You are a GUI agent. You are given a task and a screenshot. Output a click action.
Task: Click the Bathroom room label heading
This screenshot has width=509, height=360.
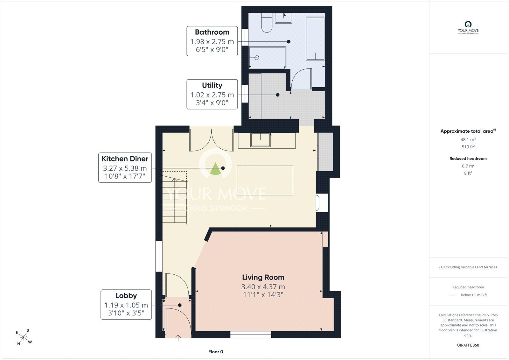[212, 32]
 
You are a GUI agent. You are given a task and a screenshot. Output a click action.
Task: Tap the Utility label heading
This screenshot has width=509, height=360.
[212, 85]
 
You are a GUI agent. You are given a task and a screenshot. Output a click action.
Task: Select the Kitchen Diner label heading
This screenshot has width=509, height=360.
[125, 159]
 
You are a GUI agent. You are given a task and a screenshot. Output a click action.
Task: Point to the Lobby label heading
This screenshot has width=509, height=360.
[126, 295]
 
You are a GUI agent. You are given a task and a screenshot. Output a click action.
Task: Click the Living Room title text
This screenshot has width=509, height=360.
[263, 277]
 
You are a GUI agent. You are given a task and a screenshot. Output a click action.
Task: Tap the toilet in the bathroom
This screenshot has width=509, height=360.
[267, 23]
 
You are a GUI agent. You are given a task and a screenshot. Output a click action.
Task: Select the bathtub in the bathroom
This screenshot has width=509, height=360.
[315, 39]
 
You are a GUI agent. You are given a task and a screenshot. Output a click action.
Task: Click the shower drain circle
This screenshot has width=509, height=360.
[257, 58]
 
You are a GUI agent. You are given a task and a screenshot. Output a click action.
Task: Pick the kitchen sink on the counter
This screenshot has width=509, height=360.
[261, 140]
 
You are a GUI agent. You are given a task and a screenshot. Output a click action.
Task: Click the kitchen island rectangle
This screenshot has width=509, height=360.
[265, 180]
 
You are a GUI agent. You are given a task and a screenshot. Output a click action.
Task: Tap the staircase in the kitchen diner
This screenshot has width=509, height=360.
[175, 197]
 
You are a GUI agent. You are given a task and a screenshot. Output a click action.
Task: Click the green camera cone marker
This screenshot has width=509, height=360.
[215, 169]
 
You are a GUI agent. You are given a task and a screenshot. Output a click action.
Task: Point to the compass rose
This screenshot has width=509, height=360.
[24, 337]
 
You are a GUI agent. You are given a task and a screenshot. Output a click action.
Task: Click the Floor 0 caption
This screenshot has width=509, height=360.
[216, 352]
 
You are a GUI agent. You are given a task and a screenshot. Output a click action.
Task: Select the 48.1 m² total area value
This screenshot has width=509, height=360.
[468, 139]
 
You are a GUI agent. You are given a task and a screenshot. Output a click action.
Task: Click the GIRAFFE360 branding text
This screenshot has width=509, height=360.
[468, 345]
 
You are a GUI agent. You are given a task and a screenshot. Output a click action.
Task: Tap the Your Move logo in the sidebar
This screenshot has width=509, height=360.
[468, 27]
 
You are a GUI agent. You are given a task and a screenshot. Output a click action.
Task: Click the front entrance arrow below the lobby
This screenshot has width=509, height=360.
[178, 338]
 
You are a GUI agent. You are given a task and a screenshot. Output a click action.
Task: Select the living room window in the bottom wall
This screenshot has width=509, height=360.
[251, 335]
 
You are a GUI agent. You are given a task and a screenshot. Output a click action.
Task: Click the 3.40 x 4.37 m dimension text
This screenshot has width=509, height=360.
[263, 287]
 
